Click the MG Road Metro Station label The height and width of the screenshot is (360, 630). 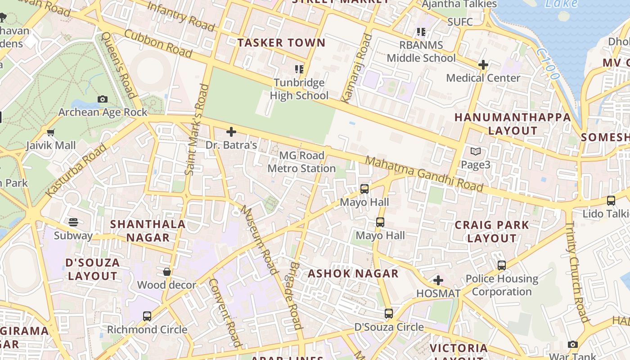click(301, 162)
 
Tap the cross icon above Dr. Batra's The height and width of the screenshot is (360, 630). click(231, 132)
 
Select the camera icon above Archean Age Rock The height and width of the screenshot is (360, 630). click(103, 99)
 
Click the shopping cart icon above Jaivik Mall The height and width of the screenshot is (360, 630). click(50, 132)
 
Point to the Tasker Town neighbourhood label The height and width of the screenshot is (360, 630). click(281, 43)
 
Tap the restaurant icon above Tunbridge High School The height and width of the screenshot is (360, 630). click(299, 69)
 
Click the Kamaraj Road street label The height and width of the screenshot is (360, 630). click(358, 67)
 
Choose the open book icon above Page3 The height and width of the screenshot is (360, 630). click(476, 152)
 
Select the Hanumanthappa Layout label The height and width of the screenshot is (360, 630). click(513, 124)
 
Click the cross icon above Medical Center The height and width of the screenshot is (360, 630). click(483, 65)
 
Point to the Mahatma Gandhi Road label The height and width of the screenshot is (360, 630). click(424, 174)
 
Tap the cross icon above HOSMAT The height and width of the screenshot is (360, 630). click(438, 281)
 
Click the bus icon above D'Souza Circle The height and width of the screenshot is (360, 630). click(389, 314)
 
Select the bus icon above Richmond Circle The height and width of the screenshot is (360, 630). click(147, 316)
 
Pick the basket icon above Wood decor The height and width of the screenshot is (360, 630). click(167, 272)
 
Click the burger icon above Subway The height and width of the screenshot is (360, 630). click(73, 222)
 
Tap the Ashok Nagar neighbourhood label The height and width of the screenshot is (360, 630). click(353, 274)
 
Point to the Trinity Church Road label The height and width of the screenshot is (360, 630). click(577, 272)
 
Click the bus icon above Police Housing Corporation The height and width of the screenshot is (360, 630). click(502, 265)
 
